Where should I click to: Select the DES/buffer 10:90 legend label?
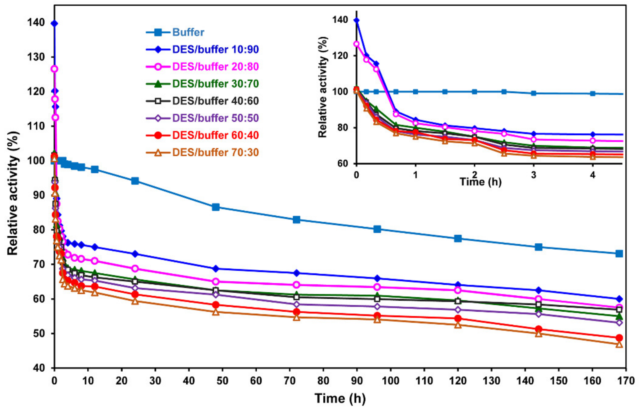(x=215, y=49)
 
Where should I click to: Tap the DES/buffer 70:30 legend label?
(x=215, y=152)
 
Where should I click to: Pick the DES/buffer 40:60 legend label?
(x=215, y=101)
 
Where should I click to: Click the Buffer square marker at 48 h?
(x=216, y=207)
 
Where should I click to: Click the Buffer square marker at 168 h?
(x=619, y=254)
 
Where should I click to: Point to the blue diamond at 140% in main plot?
(x=54, y=24)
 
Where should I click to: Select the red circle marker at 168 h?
(x=619, y=338)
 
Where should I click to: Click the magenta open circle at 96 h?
(x=377, y=287)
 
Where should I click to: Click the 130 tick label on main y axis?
(x=36, y=57)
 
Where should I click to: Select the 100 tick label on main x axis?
(x=390, y=381)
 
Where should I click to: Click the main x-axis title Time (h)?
(x=340, y=398)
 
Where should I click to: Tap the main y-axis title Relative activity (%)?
(x=13, y=193)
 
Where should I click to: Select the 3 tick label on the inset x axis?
(x=533, y=175)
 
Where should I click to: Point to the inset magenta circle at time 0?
(x=356, y=44)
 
